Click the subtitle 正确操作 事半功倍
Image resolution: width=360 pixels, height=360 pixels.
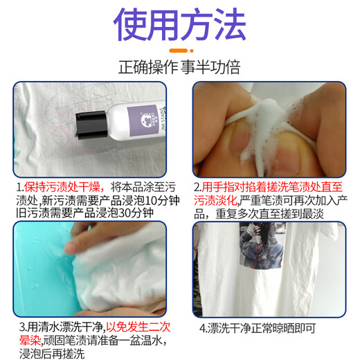pos(179,67)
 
